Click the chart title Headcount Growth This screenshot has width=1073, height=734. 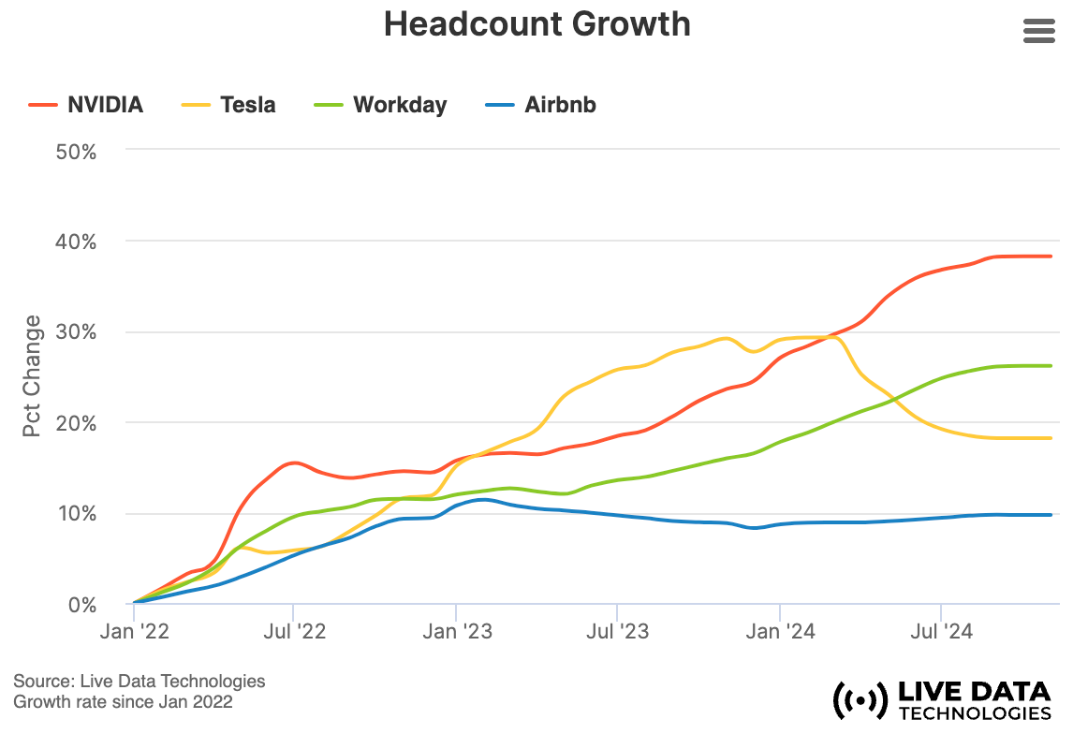tap(536, 24)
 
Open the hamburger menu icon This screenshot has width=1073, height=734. tap(1039, 31)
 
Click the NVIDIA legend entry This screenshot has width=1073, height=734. tap(86, 105)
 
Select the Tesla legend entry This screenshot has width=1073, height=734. tap(228, 105)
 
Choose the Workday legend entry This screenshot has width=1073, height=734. tap(381, 105)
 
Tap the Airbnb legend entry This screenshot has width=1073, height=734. tap(540, 105)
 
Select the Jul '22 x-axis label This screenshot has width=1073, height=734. tap(294, 632)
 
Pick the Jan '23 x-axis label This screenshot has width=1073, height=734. tap(456, 632)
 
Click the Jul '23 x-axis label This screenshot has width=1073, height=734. tap(617, 632)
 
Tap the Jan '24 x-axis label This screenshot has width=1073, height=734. tap(779, 632)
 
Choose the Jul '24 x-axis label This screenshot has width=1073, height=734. tap(940, 632)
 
